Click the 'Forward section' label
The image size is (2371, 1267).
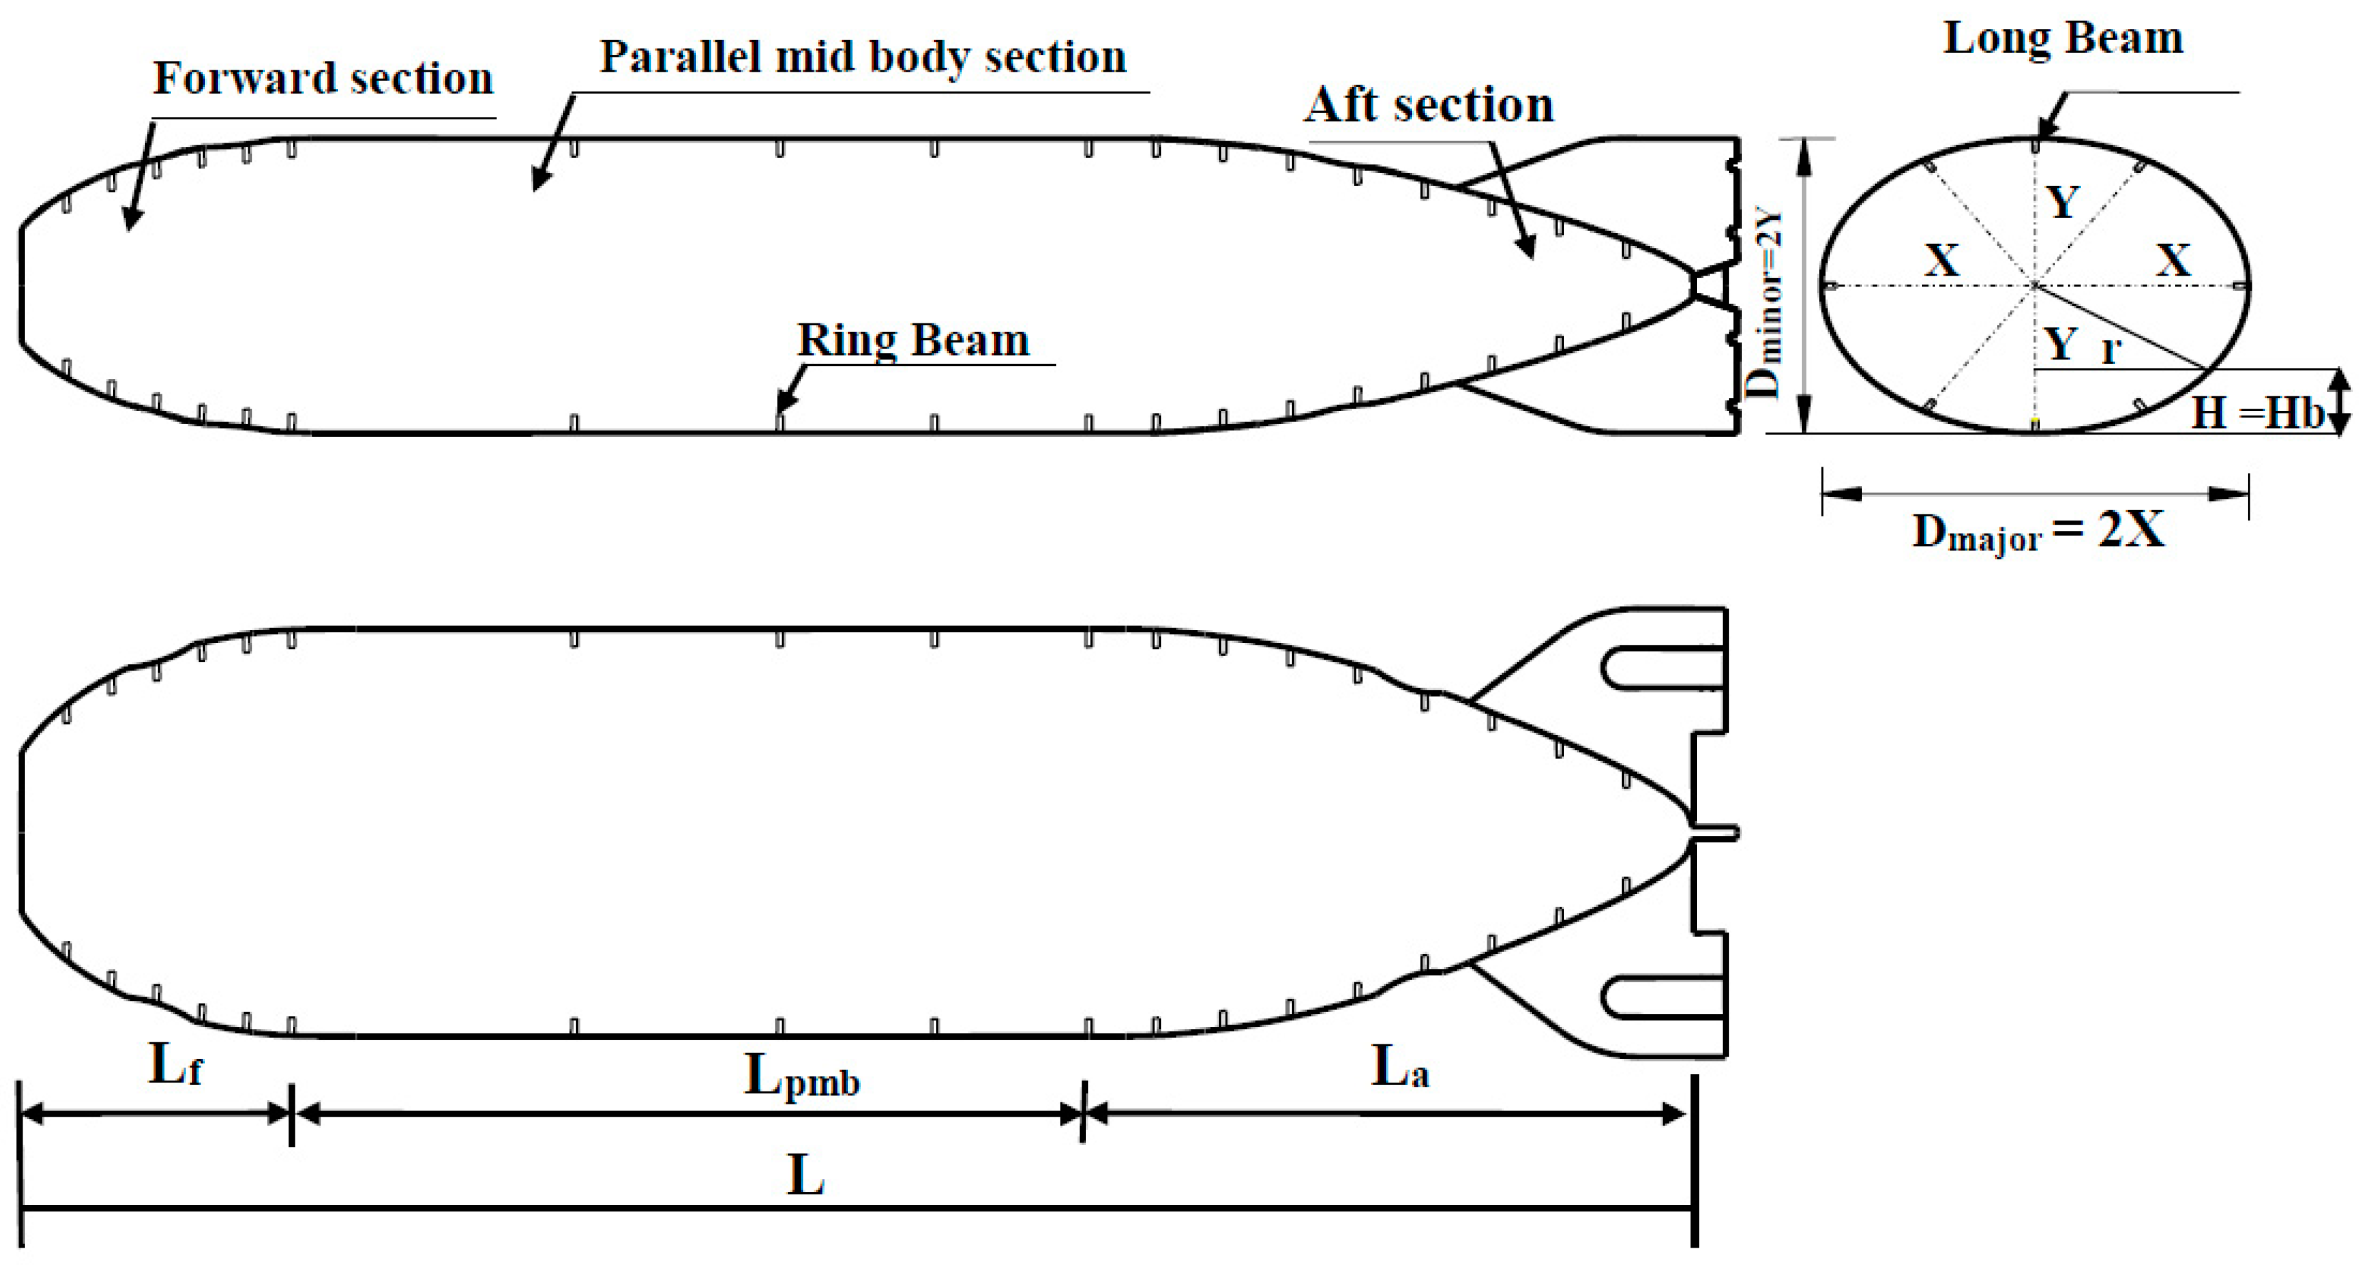pos(323,78)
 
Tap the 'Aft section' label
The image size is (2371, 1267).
pos(1429,105)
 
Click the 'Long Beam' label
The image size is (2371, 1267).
pos(2063,39)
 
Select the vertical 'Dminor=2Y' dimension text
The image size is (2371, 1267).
pos(1766,305)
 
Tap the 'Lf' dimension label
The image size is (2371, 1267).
pos(175,1066)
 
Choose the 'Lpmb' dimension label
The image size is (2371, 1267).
pos(801,1075)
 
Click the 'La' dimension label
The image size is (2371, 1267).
pos(1400,1068)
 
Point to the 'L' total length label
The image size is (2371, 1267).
pos(806,1176)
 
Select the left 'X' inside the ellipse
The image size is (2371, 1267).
pos(1942,261)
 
